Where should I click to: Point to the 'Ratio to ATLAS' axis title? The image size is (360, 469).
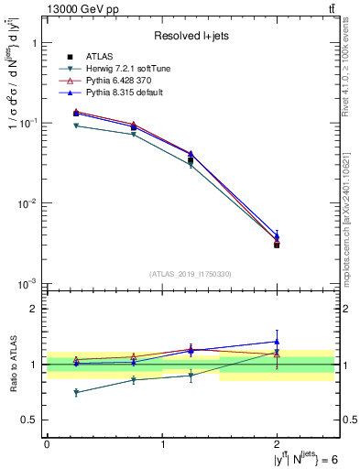point(13,364)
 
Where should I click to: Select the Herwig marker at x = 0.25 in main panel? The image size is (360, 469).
point(76,125)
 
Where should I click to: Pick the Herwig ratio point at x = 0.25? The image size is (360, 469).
point(76,392)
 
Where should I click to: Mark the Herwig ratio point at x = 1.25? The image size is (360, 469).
point(191,376)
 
